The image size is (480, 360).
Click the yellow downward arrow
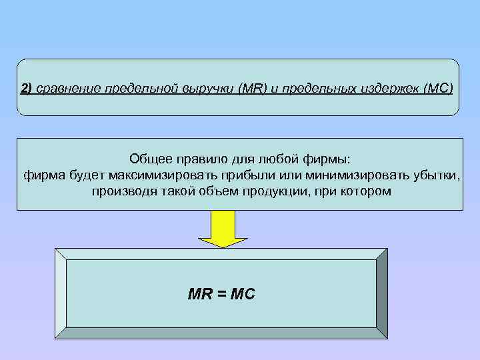[x=224, y=229]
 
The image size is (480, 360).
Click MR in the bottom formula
[x=200, y=294]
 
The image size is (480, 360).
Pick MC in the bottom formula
[x=242, y=294]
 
